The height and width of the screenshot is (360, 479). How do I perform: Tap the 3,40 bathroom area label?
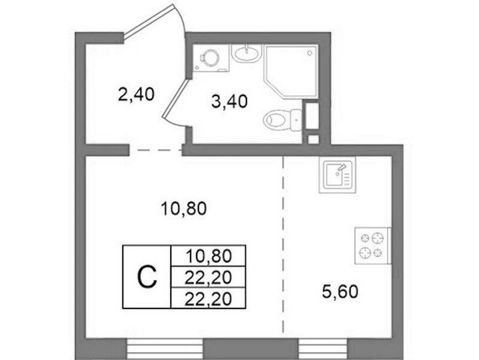[229, 101]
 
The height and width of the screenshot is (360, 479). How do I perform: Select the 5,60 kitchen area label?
[340, 291]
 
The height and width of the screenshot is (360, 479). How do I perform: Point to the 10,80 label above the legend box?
[184, 209]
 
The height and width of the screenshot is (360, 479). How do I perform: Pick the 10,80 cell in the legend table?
[208, 256]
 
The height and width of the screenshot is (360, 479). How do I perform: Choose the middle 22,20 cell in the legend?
[208, 277]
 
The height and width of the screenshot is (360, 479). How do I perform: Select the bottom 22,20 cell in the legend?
[208, 298]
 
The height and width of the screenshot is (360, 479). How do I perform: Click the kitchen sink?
[338, 174]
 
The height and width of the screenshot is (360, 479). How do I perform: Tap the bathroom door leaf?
[175, 98]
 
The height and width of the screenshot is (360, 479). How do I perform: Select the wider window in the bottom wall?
[165, 349]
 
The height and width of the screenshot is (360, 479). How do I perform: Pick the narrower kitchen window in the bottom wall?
[323, 349]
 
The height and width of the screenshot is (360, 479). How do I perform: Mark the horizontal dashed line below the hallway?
[156, 150]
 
